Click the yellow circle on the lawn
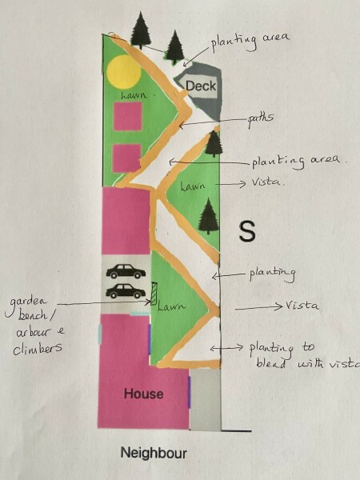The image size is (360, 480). coord(124,72)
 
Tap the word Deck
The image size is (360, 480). coord(201,86)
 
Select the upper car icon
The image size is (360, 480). coord(126,271)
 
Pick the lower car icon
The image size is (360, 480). coord(126,291)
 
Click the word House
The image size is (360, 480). coord(143,394)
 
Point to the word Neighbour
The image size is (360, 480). coord(154,453)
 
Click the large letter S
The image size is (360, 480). coord(247,231)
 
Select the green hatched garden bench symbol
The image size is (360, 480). coord(154,294)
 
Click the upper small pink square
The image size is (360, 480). coord(128,116)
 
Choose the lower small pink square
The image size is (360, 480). coord(126,158)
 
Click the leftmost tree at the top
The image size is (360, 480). coord(141,30)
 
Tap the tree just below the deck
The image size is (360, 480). coord(214,143)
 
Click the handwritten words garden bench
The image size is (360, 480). coord(29,309)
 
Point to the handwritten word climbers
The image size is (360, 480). coord(38,348)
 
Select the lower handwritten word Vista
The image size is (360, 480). coord(302,306)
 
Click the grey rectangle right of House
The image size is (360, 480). coord(205,399)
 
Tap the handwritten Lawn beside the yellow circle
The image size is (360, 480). coord(134,95)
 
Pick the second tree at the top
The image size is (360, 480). coord(174,47)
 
